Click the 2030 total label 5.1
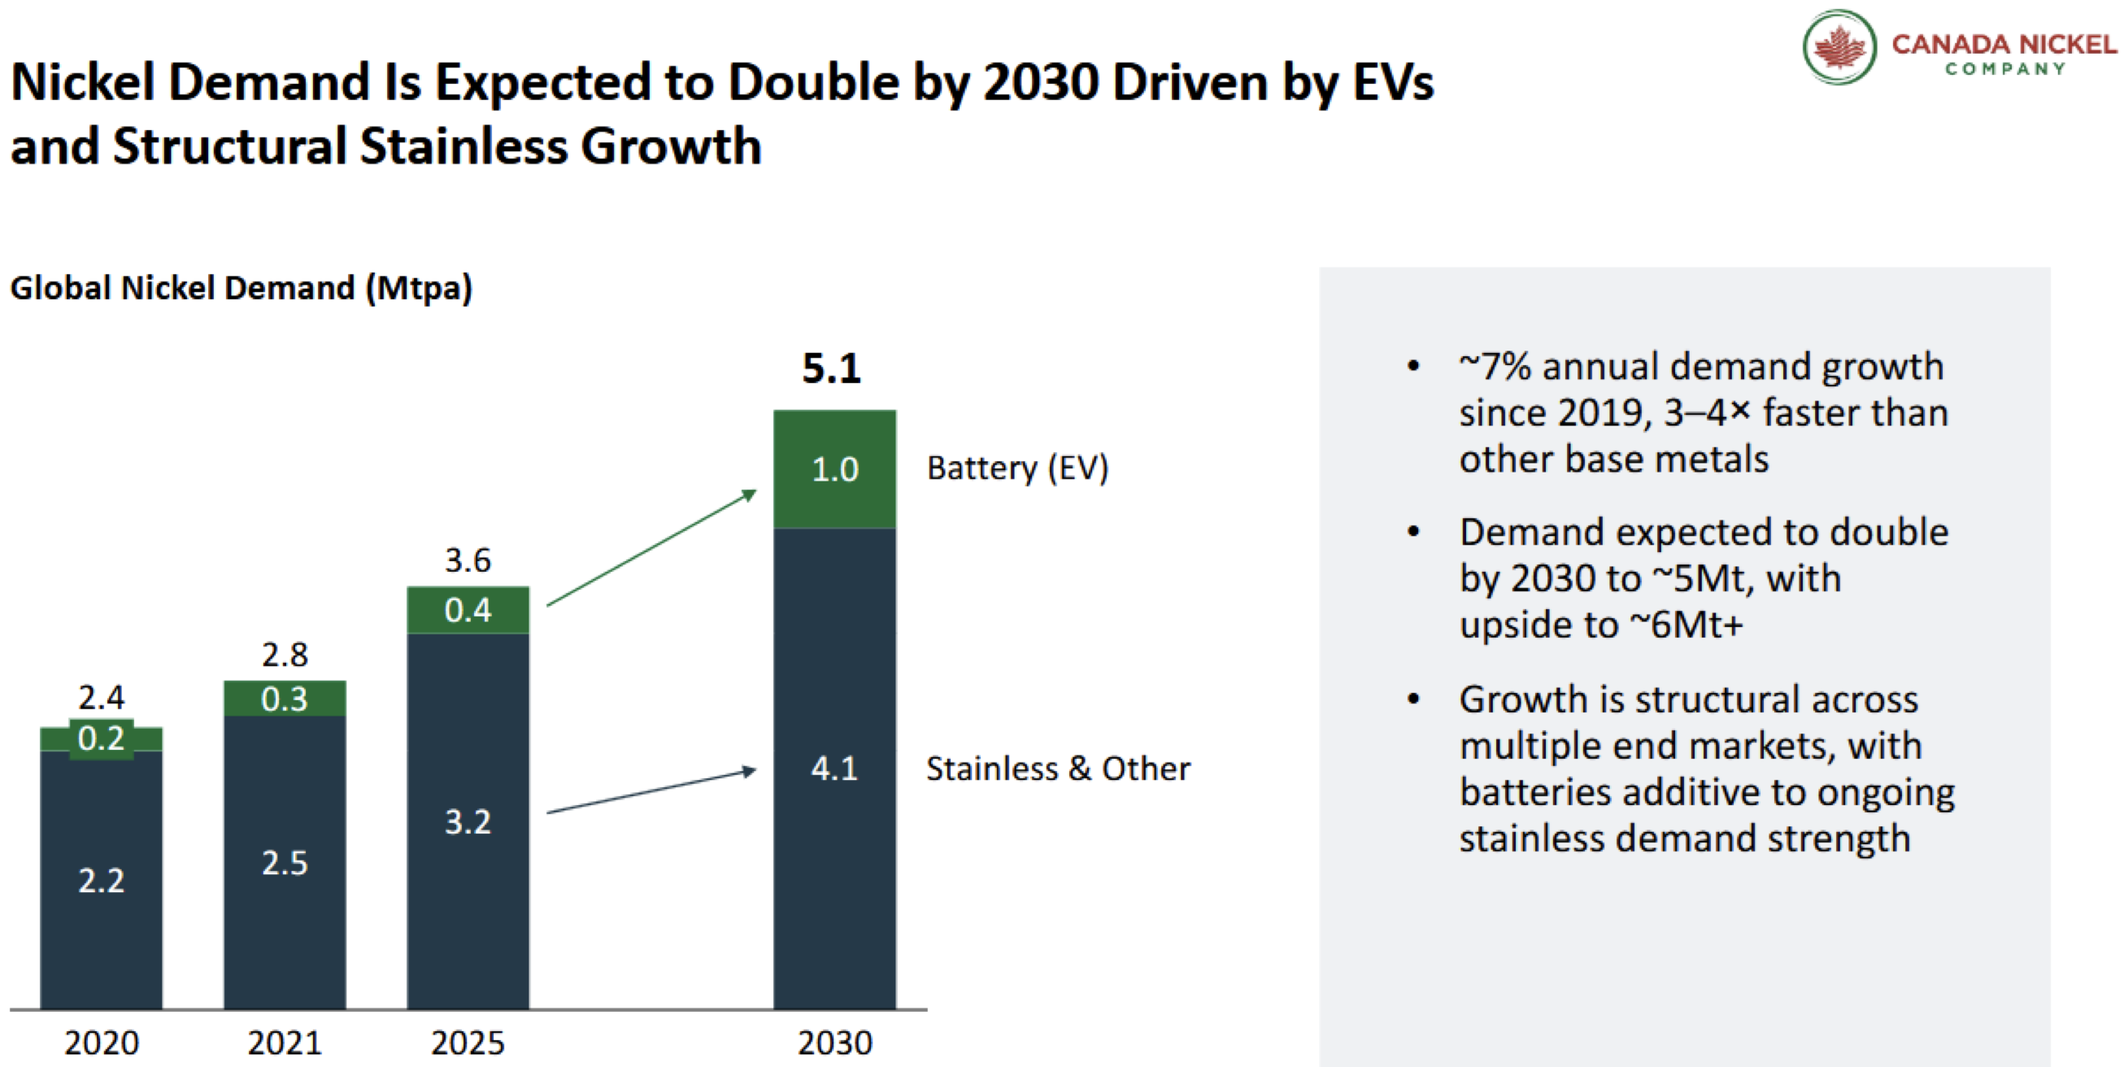pyautogui.click(x=831, y=368)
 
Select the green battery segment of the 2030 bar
pyautogui.click(x=834, y=468)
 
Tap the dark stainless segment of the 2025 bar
pyautogui.click(x=468, y=821)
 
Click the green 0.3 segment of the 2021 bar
pyautogui.click(x=285, y=699)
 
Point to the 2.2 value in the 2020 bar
pyautogui.click(x=102, y=881)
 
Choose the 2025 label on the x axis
pyautogui.click(x=468, y=1043)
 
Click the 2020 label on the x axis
pyautogui.click(x=102, y=1043)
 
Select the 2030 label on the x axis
pyautogui.click(x=834, y=1043)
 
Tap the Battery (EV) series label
pyautogui.click(x=1017, y=468)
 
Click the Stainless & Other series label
pyautogui.click(x=1058, y=769)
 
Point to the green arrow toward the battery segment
pyautogui.click(x=651, y=547)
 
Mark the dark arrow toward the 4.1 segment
pyautogui.click(x=651, y=791)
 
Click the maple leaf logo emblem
pyautogui.click(x=1839, y=47)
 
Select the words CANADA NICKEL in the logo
pyautogui.click(x=2004, y=44)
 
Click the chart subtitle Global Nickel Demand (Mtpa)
pyautogui.click(x=241, y=289)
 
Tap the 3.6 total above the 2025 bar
pyautogui.click(x=468, y=560)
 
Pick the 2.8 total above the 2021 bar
pyautogui.click(x=285, y=655)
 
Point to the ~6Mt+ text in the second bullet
pyautogui.click(x=1687, y=625)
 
